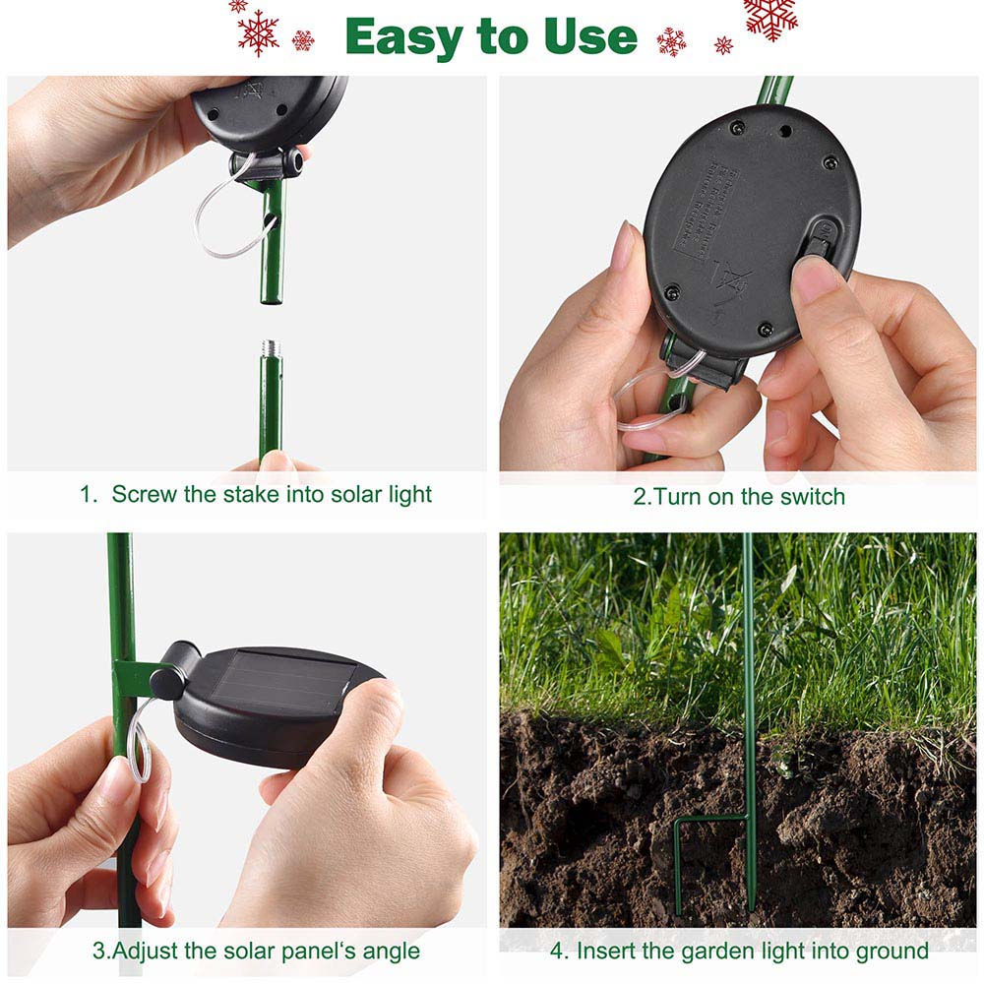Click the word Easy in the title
[x=403, y=37]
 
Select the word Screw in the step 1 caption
[x=145, y=494]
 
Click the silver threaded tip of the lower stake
[x=271, y=349]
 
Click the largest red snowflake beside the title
[x=770, y=17]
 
